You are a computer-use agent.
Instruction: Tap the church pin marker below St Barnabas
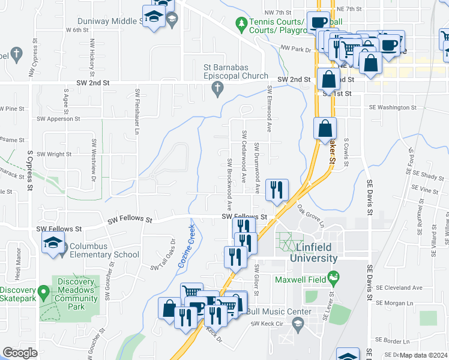click(218, 89)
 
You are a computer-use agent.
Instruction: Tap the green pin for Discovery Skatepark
click(43, 293)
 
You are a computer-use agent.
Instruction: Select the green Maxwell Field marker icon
click(334, 278)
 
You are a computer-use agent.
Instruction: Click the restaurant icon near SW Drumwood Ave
click(277, 190)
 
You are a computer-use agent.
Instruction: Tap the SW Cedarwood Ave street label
click(244, 157)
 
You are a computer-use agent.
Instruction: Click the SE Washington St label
click(393, 107)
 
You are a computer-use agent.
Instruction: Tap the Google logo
click(20, 353)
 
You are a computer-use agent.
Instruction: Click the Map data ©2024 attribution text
click(423, 355)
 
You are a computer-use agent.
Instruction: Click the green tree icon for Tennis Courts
click(241, 23)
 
